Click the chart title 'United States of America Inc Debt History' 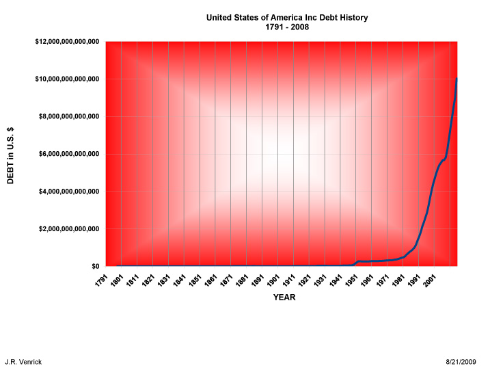(x=286, y=18)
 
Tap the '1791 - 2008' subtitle (x=286, y=27)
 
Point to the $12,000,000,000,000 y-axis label (x=68, y=42)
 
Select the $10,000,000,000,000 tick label (x=68, y=79)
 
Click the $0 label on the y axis (x=95, y=266)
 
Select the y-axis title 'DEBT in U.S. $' (x=11, y=155)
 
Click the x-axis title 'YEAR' (x=284, y=298)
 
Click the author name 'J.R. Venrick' (x=23, y=361)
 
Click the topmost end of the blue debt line (x=457, y=79)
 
